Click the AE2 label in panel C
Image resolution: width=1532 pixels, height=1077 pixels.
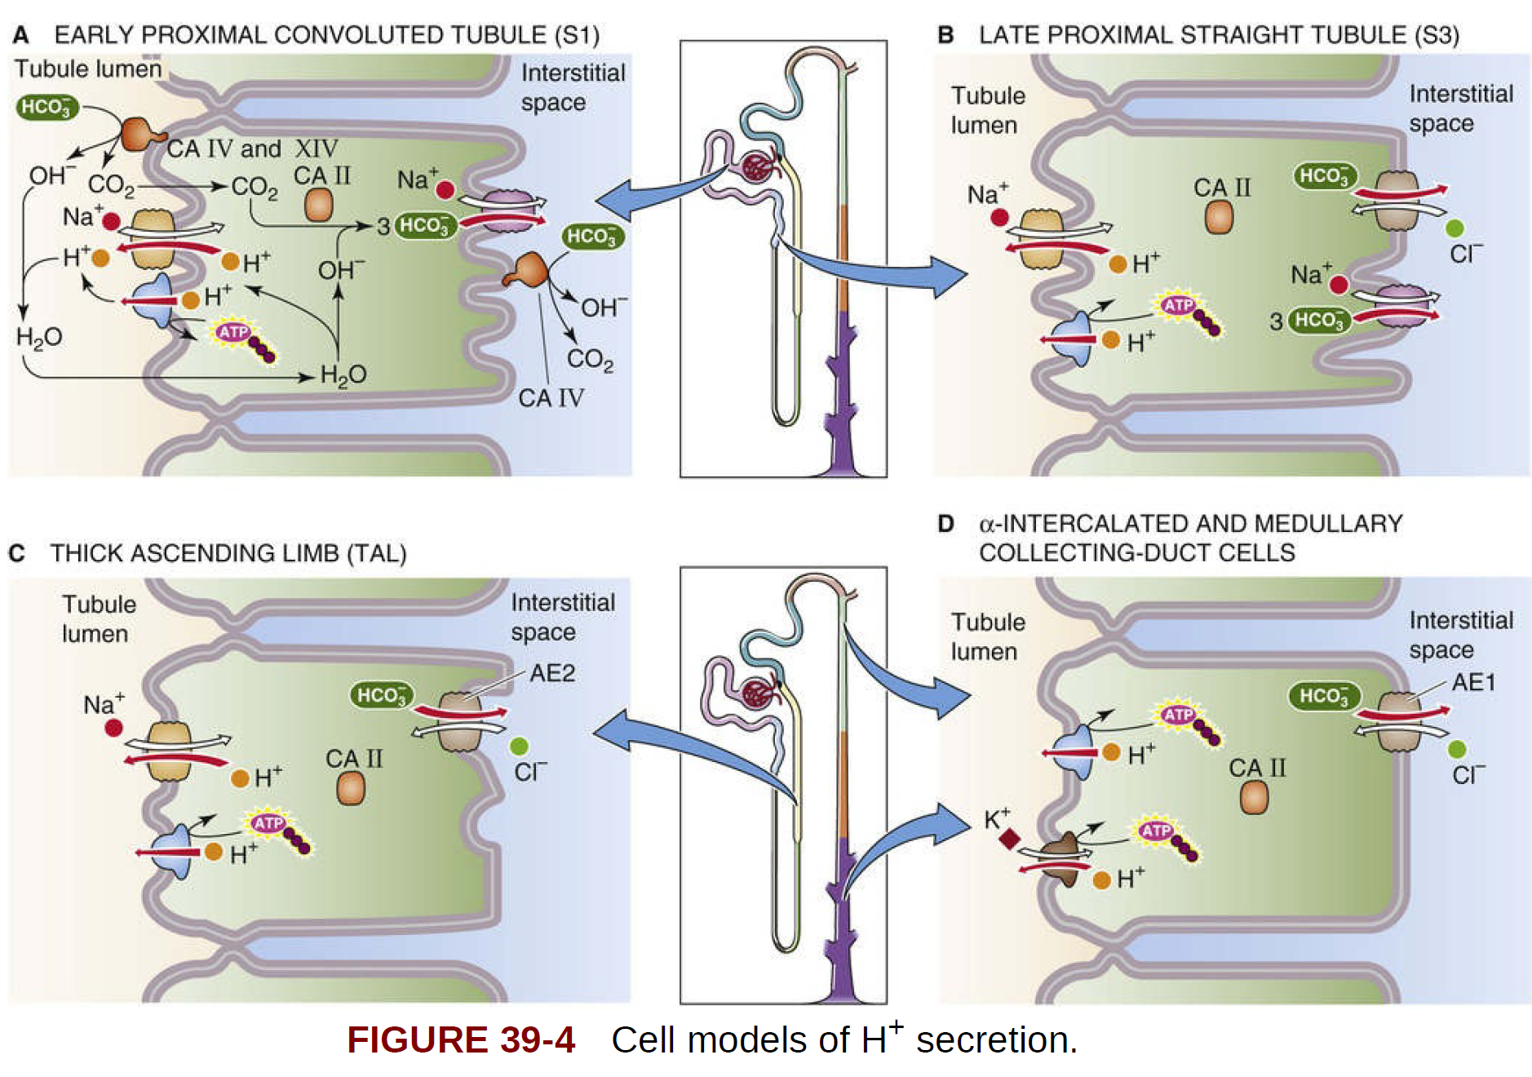pos(552,673)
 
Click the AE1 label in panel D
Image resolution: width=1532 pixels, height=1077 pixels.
pos(1473,682)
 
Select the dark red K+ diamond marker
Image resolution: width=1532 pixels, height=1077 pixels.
pos(1010,839)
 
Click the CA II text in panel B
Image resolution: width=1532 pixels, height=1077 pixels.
pos(1221,188)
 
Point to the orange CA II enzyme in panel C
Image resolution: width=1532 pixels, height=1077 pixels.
pos(351,788)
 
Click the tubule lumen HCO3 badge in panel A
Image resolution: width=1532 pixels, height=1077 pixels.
pos(47,107)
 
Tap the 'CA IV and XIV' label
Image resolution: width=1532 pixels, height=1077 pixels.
pos(252,149)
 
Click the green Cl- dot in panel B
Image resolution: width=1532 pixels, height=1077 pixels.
pos(1454,228)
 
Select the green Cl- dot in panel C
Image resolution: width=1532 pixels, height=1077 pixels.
pos(519,746)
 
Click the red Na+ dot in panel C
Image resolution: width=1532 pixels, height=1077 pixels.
pos(113,727)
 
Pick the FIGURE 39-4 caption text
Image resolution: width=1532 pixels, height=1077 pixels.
pos(461,1040)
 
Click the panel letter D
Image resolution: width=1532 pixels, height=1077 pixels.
pos(945,524)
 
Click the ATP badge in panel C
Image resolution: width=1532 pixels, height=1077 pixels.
pos(268,823)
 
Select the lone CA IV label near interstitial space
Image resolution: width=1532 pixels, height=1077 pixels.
pos(551,398)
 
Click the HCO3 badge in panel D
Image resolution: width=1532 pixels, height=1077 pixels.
pos(1324,696)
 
